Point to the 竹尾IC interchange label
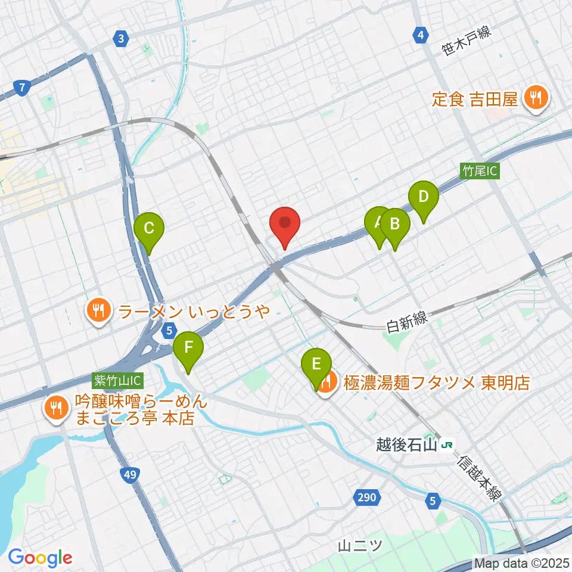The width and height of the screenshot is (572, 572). click(x=480, y=171)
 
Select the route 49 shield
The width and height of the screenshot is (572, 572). click(x=128, y=475)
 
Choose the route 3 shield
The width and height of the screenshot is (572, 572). click(x=122, y=39)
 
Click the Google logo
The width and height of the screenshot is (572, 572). click(x=40, y=557)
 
